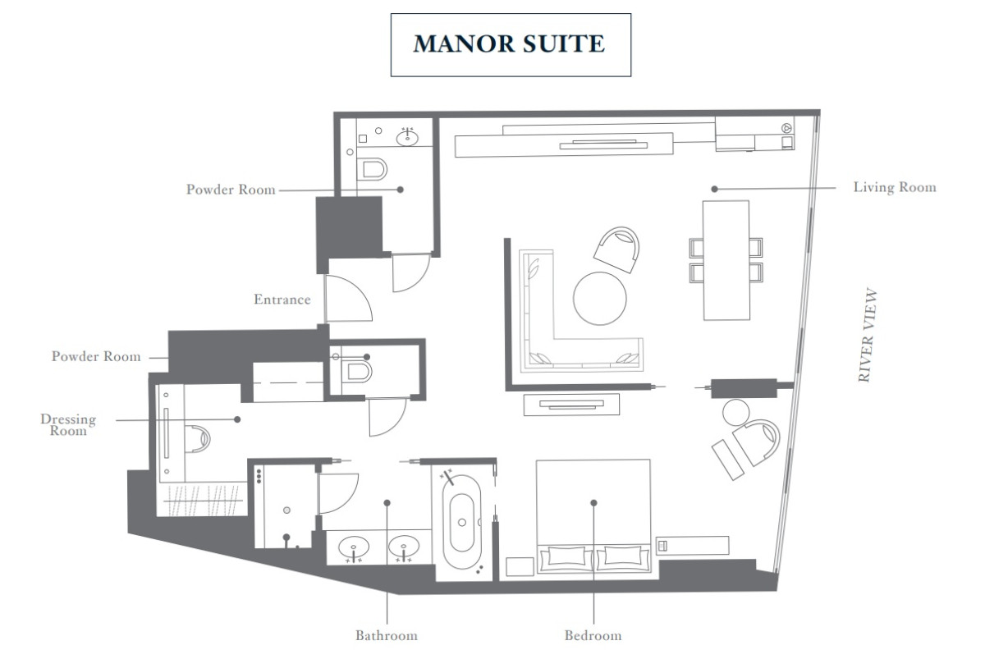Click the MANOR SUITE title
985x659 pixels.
tap(509, 43)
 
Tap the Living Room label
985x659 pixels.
tap(895, 187)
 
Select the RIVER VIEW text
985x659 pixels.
tap(867, 335)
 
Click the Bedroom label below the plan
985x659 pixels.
tap(593, 635)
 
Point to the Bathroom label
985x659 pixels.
tap(387, 635)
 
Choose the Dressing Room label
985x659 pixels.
tap(68, 424)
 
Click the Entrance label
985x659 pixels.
tap(282, 300)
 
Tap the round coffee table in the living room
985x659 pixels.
tap(600, 299)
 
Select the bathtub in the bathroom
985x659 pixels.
tap(461, 522)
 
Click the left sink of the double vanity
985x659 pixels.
tap(354, 547)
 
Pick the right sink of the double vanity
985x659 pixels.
tap(403, 547)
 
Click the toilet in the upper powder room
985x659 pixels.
tap(372, 169)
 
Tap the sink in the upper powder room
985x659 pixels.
tap(407, 138)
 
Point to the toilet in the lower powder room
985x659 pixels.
tap(356, 372)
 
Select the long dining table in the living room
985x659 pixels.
tap(726, 260)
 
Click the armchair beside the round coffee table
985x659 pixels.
tap(616, 249)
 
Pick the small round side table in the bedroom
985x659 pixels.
tap(735, 413)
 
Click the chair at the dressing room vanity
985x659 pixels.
tap(198, 439)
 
